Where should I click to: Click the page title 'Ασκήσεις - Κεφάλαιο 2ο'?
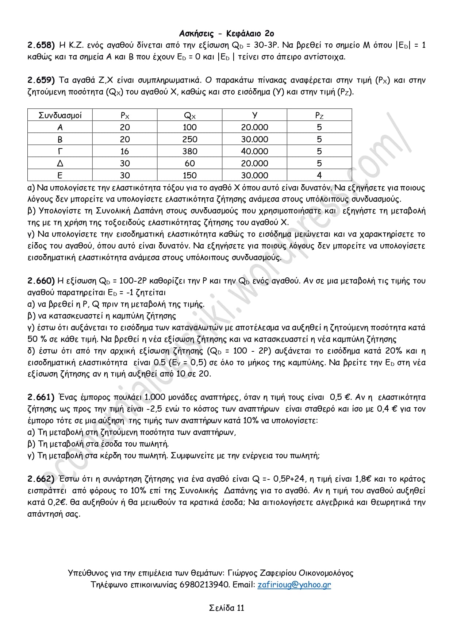click(226, 34)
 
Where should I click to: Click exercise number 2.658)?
click(41, 45)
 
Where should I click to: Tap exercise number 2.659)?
click(41, 80)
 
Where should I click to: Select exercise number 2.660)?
click(41, 281)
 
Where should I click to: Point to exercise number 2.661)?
click(41, 397)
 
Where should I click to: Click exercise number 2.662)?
click(41, 479)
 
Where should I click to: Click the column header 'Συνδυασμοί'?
click(60, 115)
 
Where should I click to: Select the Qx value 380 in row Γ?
click(190, 151)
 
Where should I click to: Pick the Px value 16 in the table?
click(125, 151)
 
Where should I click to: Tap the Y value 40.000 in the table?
click(254, 151)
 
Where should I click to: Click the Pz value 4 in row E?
click(319, 176)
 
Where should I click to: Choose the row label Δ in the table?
click(60, 163)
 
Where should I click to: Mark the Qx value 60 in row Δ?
click(190, 163)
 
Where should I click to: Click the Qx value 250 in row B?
click(190, 139)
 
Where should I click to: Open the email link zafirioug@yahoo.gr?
click(294, 585)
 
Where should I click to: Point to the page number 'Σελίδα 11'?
click(226, 608)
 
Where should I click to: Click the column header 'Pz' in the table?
click(319, 115)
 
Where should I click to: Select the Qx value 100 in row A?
click(190, 127)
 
